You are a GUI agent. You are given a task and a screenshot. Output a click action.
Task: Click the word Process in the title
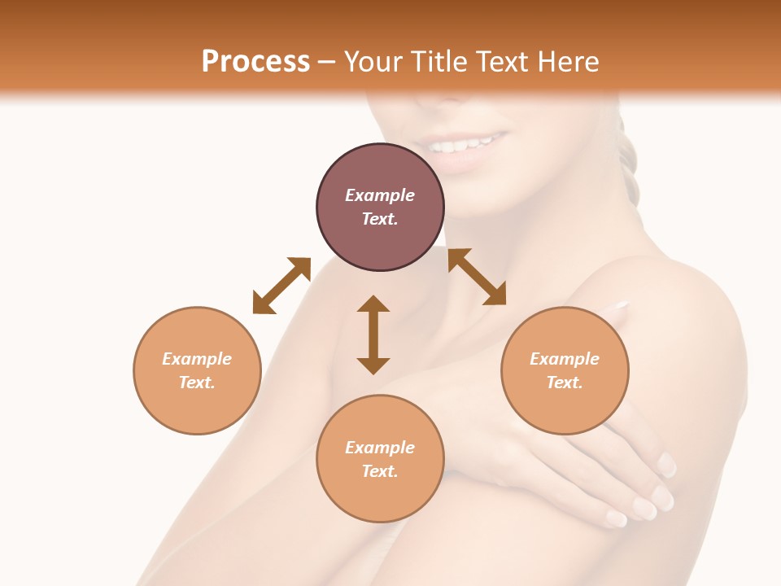pyautogui.click(x=255, y=61)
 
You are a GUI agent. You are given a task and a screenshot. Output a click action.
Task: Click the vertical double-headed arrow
pyautogui.click(x=373, y=335)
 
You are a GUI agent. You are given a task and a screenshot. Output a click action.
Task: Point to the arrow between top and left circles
pyautogui.click(x=281, y=285)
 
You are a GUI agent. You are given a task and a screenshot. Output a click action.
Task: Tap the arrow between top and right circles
pyautogui.click(x=477, y=277)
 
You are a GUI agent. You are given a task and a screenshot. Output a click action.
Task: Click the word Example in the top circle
pyautogui.click(x=380, y=195)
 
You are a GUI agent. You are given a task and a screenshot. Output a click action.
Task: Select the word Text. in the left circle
pyautogui.click(x=197, y=383)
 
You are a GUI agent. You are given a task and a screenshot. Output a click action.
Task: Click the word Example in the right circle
pyautogui.click(x=565, y=359)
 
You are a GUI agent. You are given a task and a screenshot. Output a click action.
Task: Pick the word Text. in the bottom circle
pyautogui.click(x=380, y=471)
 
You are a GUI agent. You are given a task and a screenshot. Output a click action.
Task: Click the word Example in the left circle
pyautogui.click(x=197, y=359)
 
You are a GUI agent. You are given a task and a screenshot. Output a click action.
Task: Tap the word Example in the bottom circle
pyautogui.click(x=380, y=448)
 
